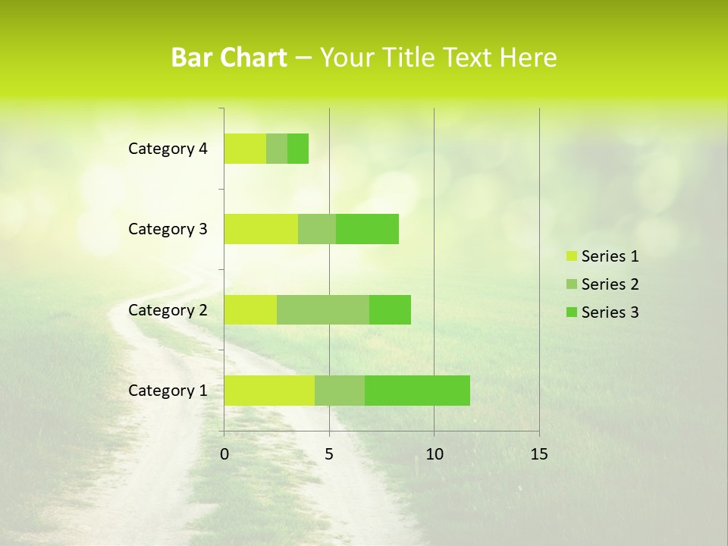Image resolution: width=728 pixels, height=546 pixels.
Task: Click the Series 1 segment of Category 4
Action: click(245, 149)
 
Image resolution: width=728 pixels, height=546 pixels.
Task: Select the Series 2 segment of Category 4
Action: click(277, 149)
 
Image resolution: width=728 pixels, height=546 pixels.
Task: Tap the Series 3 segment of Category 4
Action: click(298, 149)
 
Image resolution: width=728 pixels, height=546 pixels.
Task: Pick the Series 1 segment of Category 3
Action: click(261, 229)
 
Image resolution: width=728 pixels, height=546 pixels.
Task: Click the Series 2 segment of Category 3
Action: click(317, 229)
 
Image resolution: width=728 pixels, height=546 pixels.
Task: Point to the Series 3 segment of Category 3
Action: click(367, 229)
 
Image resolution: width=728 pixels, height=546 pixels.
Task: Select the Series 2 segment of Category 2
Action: click(323, 309)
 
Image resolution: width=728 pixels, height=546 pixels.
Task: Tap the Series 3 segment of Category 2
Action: click(390, 309)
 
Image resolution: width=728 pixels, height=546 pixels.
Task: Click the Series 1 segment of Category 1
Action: click(269, 391)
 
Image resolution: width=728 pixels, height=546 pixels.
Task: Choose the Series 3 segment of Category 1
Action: click(417, 391)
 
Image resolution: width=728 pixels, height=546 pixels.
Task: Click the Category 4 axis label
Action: click(168, 149)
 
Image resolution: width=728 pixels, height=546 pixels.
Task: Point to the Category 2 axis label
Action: click(168, 309)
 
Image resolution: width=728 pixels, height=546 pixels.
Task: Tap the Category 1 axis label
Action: click(168, 391)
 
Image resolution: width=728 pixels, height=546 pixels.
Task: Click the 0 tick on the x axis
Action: click(224, 454)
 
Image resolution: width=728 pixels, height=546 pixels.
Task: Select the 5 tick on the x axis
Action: click(329, 454)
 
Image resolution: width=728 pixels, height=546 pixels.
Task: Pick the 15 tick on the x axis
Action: click(539, 454)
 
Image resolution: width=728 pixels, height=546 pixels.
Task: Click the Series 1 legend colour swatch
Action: click(571, 256)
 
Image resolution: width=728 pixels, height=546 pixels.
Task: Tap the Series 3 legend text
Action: click(610, 312)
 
